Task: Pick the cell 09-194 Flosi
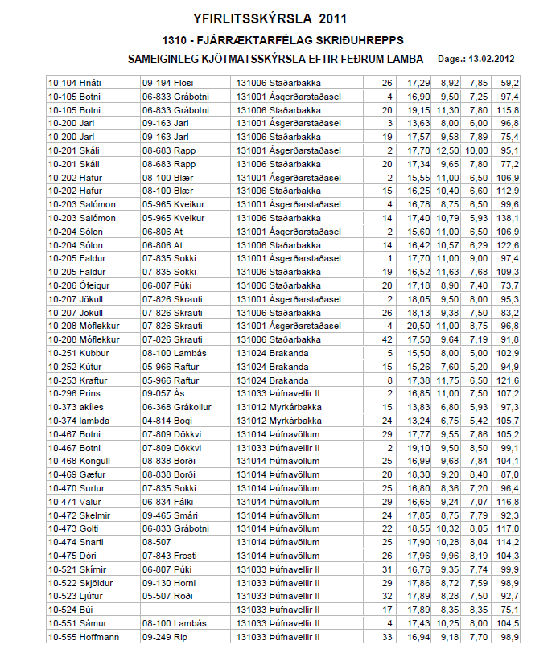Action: point(168,83)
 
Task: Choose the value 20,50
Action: point(418,326)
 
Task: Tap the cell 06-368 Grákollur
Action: point(177,407)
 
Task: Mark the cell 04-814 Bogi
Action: point(167,421)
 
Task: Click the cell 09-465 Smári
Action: point(170,515)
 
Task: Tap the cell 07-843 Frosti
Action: point(170,556)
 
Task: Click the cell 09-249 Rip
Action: point(165,637)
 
